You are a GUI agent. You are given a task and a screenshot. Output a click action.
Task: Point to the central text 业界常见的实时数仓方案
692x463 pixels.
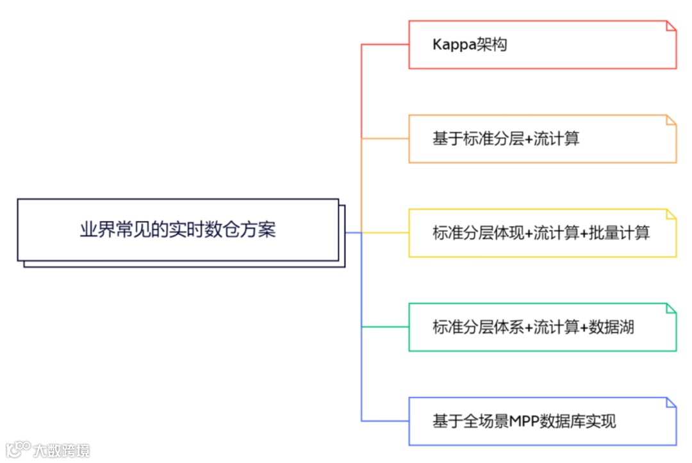(178, 230)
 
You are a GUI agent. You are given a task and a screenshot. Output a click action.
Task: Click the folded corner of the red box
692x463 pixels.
(671, 26)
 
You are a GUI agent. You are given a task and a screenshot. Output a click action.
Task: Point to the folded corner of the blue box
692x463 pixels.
(671, 402)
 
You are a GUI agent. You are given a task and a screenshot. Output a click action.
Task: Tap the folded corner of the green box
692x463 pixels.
(671, 308)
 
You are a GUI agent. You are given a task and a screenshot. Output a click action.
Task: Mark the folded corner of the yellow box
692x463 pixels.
(671, 214)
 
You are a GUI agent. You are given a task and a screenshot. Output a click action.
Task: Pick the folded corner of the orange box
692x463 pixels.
(671, 120)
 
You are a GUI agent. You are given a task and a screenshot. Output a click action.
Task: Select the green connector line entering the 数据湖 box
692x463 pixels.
(385, 327)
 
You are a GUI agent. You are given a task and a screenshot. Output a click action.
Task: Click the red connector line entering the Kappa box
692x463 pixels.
(385, 45)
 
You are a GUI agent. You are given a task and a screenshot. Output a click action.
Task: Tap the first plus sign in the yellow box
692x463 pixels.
(529, 233)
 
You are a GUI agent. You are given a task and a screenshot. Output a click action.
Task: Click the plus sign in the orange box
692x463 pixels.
(529, 139)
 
